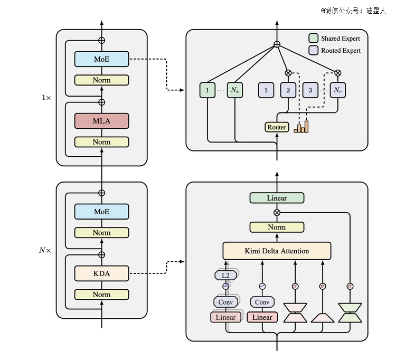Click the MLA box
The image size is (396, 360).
pos(101,121)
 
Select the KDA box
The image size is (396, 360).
pos(101,273)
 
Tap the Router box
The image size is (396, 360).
pos(277,127)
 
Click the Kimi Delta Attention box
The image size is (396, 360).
pos(277,251)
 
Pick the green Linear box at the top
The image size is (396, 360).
pos(277,198)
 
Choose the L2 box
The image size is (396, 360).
pos(225,275)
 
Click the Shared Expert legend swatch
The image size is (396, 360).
pos(313,39)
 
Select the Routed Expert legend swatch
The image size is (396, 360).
pos(313,50)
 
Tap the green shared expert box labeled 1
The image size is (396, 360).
pos(208,90)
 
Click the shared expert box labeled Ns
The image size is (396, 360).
pos(235,90)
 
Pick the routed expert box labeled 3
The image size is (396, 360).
pos(310,90)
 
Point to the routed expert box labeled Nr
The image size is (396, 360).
pos(338,90)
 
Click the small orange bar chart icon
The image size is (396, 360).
pos(301,127)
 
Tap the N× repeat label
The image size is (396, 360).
pos(45,250)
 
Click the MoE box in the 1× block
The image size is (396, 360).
pos(101,59)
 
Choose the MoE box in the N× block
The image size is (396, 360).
pos(101,212)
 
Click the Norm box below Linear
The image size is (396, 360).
pos(277,227)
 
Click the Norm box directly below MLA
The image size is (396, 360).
pos(101,142)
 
